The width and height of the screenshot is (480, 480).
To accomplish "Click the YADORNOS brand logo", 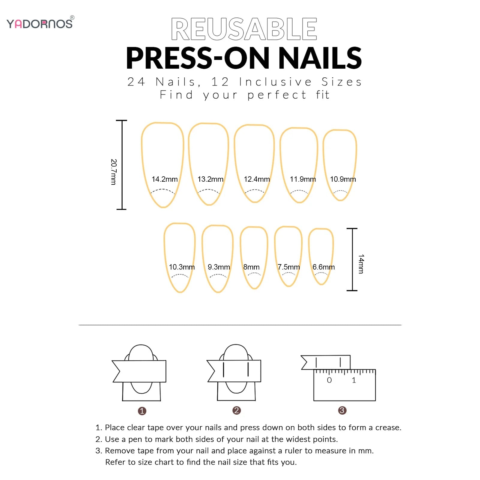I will point(40,23).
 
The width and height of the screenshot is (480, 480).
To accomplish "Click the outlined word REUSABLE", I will point(244,29).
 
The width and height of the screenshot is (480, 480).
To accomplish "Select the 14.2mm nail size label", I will point(165,179).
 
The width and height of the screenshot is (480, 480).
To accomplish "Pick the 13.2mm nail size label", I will point(210,179).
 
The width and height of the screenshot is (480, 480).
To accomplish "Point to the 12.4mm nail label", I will point(257,179).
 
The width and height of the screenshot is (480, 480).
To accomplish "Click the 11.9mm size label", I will point(303,179).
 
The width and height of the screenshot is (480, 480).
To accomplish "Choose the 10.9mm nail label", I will point(343,179).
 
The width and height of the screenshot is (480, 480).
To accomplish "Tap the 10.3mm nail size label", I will point(182,267).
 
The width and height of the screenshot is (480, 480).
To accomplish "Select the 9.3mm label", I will point(219,267).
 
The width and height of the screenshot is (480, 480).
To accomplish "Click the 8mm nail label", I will point(251,267).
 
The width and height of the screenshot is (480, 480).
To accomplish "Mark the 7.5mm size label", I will point(288,267).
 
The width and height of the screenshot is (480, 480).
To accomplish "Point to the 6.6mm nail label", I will point(323,267).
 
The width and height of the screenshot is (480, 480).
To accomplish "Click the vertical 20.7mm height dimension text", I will point(113,172).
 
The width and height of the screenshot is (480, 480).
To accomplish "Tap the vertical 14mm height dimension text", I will point(361,264).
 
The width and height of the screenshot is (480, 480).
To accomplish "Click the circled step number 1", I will point(142,411).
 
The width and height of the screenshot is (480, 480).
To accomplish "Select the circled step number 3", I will point(342,410).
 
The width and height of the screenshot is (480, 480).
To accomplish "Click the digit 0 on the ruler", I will point(329,380).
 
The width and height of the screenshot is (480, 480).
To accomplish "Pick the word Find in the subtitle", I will point(176,95).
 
